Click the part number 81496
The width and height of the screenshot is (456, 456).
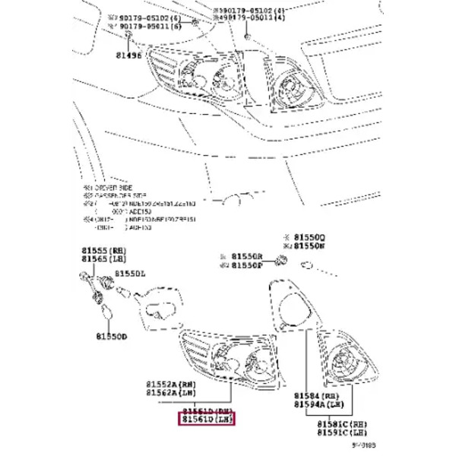pyautogui.click(x=128, y=54)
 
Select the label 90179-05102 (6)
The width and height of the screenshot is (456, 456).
pyautogui.click(x=144, y=15)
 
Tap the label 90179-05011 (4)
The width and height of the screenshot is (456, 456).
pyautogui.click(x=250, y=23)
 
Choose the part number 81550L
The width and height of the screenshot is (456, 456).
pyautogui.click(x=131, y=272)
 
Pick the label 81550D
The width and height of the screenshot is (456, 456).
pyautogui.click(x=111, y=334)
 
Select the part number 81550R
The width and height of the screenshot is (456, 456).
pyautogui.click(x=247, y=256)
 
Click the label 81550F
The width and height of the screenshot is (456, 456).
pyautogui.click(x=247, y=265)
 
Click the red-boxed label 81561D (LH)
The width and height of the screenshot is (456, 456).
pyautogui.click(x=207, y=419)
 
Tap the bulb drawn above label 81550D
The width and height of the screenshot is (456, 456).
pyautogui.click(x=105, y=311)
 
